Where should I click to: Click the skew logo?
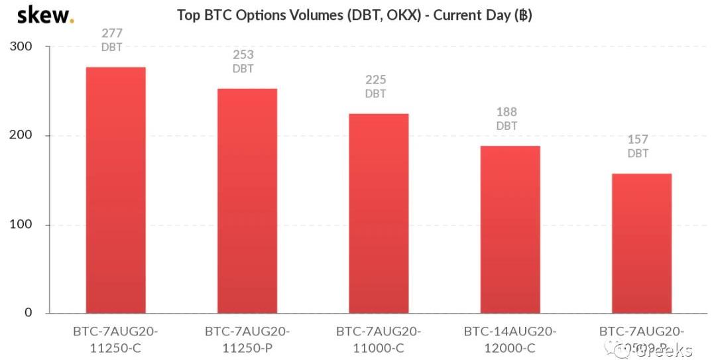[45, 15]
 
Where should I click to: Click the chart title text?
[354, 15]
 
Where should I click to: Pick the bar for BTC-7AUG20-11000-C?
[379, 213]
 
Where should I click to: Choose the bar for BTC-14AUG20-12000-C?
[510, 229]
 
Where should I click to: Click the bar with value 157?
[641, 243]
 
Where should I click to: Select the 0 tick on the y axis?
[28, 312]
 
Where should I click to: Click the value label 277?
[112, 33]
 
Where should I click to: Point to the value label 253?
[243, 55]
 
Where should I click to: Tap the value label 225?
[375, 80]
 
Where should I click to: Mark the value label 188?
[507, 112]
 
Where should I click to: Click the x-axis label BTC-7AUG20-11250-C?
[115, 339]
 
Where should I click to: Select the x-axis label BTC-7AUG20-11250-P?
[247, 339]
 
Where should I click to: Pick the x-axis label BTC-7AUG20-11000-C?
[379, 339]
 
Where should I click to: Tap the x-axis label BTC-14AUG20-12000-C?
[510, 339]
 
